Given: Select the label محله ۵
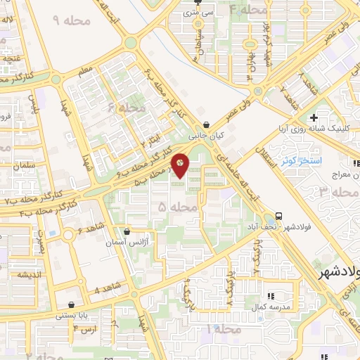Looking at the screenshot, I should click(172, 207).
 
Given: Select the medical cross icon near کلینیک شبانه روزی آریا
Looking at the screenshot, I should click(314, 117).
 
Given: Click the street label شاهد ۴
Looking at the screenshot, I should click(106, 288).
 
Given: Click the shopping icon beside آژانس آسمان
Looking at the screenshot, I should click(127, 231).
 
